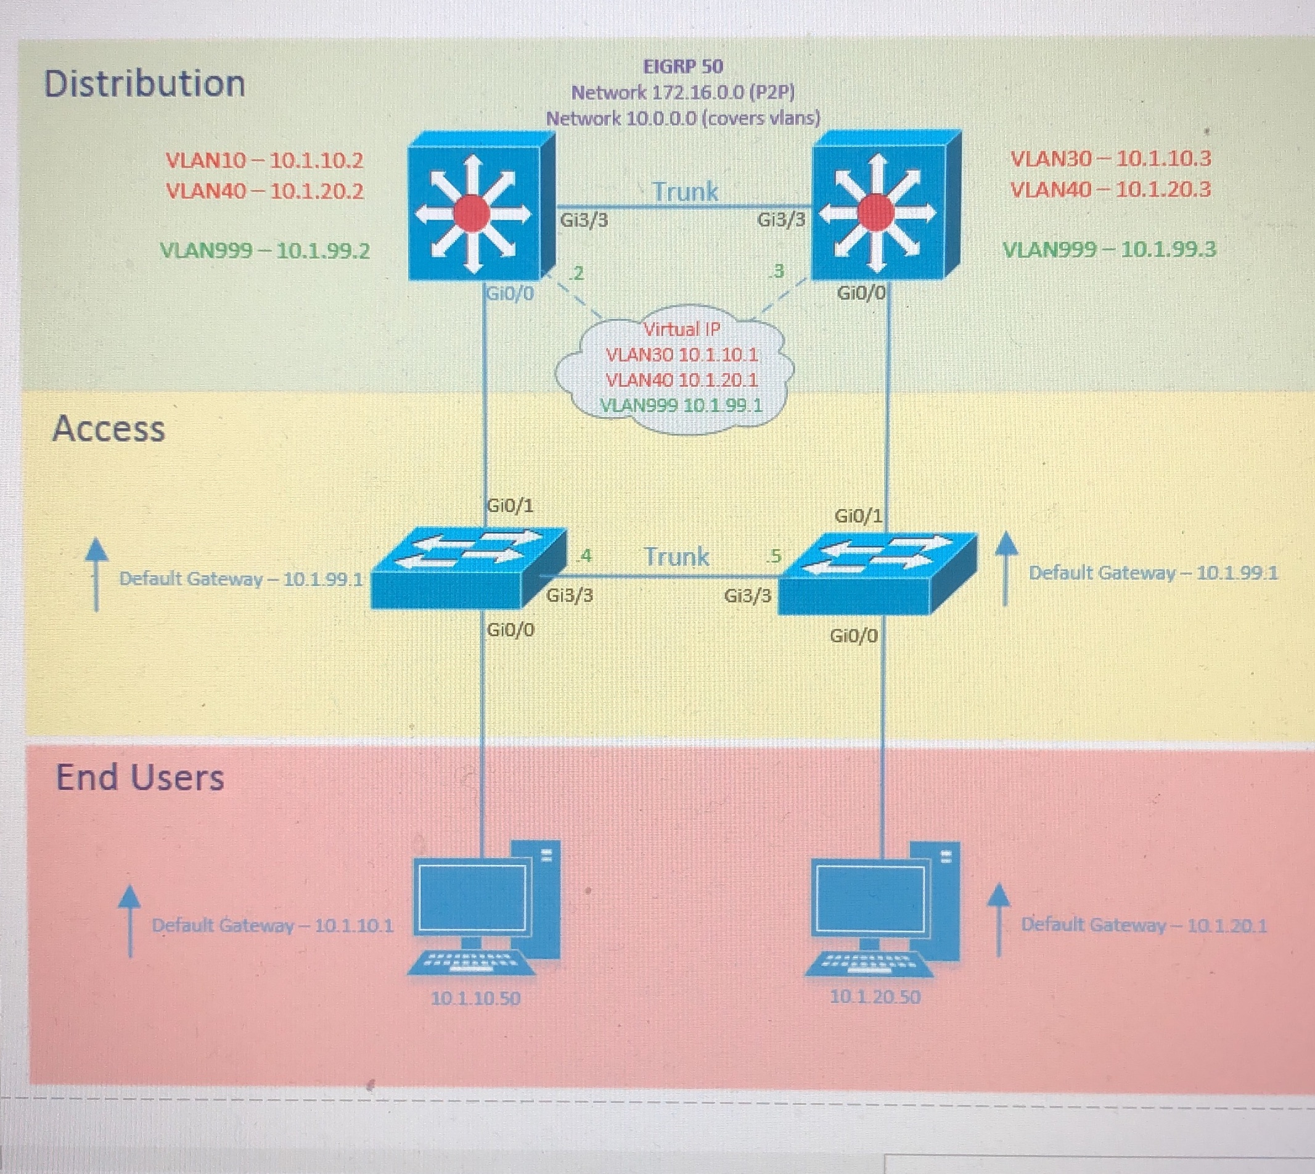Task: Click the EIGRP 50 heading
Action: pos(683,67)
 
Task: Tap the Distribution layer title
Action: pos(144,84)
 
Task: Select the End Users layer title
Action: pos(140,777)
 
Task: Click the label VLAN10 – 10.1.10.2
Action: pos(264,160)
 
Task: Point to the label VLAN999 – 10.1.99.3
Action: pos(1109,250)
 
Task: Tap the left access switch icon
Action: pos(468,568)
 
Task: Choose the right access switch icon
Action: pos(877,573)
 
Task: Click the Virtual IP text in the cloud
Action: pos(681,329)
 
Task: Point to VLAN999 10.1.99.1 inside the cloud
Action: pos(681,406)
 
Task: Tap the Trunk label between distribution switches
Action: pos(684,192)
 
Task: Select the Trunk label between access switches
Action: pos(676,556)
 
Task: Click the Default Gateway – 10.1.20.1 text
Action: pos(1144,925)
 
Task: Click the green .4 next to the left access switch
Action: pos(584,555)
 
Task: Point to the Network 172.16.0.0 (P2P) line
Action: pos(682,93)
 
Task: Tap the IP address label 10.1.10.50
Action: pos(475,999)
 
